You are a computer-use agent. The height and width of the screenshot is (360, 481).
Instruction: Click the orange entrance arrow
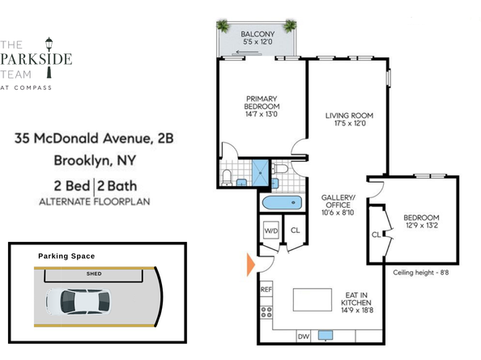(251, 265)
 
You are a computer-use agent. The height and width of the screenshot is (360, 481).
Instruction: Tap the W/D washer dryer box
(271, 231)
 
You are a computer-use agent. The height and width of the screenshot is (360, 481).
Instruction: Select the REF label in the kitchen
(266, 290)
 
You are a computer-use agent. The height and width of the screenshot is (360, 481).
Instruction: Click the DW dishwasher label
(303, 337)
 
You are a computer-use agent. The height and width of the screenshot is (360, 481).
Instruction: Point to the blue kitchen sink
(326, 335)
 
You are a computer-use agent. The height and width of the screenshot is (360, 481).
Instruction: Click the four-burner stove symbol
(266, 312)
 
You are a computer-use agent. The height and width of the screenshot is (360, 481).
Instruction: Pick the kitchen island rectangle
(313, 299)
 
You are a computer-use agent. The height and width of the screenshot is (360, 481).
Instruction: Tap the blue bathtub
(283, 203)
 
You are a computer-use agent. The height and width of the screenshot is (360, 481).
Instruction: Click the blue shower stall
(260, 173)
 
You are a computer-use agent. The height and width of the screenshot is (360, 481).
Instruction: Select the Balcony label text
(258, 34)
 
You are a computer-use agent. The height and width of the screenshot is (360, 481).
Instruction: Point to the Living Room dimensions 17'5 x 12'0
(350, 124)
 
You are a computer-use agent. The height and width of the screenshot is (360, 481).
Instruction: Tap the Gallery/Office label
(338, 201)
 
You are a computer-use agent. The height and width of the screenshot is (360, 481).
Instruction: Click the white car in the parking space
(79, 302)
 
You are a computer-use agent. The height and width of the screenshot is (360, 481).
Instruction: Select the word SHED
(94, 273)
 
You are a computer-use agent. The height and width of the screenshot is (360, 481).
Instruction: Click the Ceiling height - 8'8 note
(420, 273)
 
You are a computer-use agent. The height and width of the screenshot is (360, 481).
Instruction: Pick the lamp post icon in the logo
(49, 57)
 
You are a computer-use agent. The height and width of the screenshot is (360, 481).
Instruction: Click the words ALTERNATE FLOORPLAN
(95, 202)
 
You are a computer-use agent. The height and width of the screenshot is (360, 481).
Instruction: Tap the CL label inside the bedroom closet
(376, 235)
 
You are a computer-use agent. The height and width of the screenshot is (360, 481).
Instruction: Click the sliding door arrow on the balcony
(248, 52)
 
